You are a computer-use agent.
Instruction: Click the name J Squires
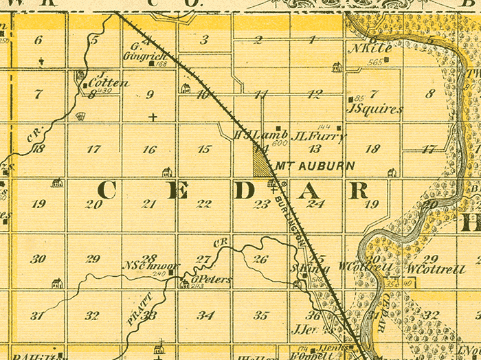click(375, 109)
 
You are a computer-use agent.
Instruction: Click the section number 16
click(149, 149)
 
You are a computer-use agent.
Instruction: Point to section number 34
click(205, 315)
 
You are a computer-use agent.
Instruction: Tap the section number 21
click(149, 204)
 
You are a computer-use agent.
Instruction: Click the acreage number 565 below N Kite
click(374, 63)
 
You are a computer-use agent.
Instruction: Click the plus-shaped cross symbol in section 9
click(153, 117)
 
